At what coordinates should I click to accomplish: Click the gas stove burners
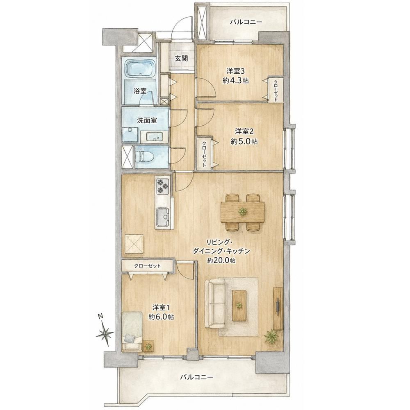[x=163, y=186]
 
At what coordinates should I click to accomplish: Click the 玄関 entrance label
[x=182, y=58]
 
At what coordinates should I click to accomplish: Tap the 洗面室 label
[x=147, y=120]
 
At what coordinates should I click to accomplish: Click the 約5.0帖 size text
[x=244, y=141]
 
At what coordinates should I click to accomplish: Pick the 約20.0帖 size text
[x=221, y=260]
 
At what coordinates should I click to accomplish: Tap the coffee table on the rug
[x=239, y=305]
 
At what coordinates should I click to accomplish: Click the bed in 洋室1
[x=132, y=331]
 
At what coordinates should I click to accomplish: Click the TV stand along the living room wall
[x=278, y=308]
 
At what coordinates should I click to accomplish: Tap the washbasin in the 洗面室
[x=154, y=137]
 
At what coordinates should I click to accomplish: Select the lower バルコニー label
[x=196, y=377]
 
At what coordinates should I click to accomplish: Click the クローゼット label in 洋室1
[x=148, y=266]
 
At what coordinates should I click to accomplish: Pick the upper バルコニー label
[x=246, y=22]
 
